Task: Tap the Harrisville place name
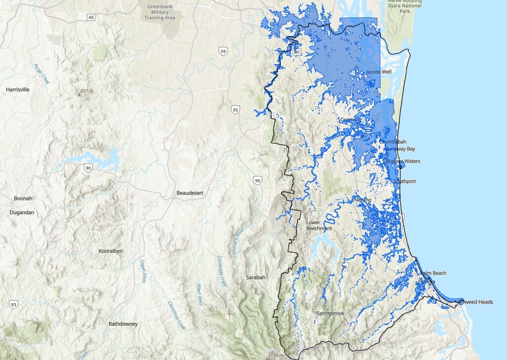19,90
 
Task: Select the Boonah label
23,199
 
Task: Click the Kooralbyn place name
111,251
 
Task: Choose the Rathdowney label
124,324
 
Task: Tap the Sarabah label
256,278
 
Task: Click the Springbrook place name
331,314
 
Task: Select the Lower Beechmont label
319,225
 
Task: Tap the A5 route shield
90,17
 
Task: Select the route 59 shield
223,51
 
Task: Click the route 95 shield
235,109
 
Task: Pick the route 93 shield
13,305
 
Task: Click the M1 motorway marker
297,52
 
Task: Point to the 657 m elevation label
86,91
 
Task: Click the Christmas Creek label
176,316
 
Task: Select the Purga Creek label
42,74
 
